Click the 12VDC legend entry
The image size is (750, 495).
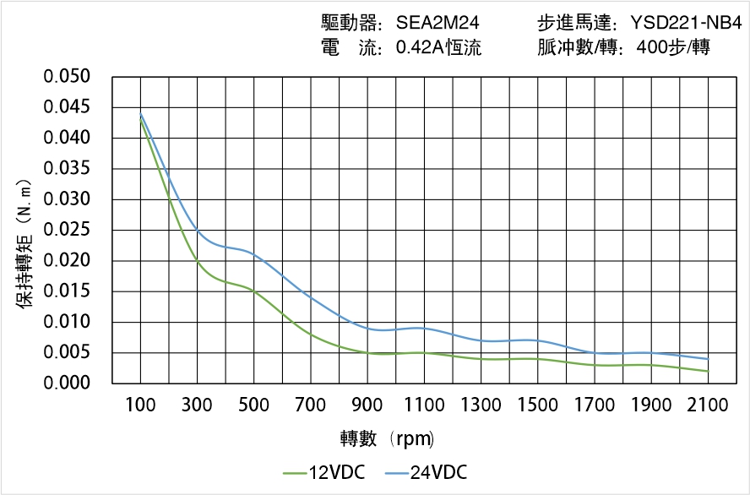(x=325, y=472)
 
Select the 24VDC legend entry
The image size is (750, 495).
(x=427, y=472)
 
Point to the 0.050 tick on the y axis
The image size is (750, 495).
(x=67, y=77)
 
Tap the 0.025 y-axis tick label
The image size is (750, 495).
(x=67, y=230)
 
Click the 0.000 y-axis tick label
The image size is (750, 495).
(x=67, y=383)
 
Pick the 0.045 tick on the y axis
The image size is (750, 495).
(x=67, y=107)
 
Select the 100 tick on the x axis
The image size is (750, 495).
(x=140, y=405)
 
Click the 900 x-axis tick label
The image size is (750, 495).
(x=367, y=405)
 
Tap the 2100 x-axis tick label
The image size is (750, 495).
(x=708, y=405)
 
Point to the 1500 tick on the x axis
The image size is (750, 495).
(x=537, y=405)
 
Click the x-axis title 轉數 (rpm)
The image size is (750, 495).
(x=387, y=439)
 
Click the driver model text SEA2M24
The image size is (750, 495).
(x=438, y=23)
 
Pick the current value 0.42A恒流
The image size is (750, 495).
(x=438, y=47)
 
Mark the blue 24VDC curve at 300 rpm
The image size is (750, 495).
(x=197, y=230)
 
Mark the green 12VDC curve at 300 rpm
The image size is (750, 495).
(x=197, y=261)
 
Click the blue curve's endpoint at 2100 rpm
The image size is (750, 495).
(x=708, y=359)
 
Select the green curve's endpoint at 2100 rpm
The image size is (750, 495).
(x=708, y=372)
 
